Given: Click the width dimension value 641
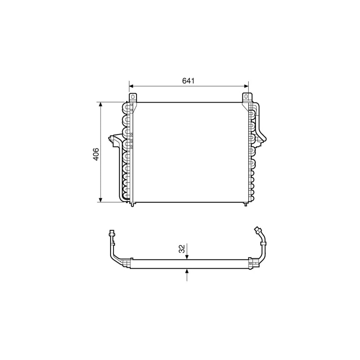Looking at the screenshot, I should coord(188,81).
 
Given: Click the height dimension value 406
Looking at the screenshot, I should coord(96,154).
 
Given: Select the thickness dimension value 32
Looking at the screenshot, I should coord(182,249).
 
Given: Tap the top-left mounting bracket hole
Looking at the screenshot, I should coord(133,96).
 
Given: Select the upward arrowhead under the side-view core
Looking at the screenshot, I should coord(187,271).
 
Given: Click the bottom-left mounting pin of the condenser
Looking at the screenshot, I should coord(133,204).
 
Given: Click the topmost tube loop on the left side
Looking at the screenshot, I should coord(126,107).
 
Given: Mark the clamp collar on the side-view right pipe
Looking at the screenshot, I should coord(263,243).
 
